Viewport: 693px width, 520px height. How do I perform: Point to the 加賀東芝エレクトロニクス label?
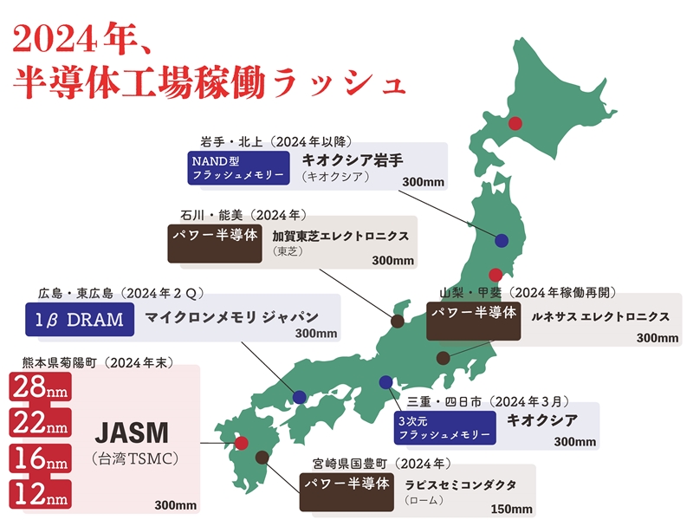(x=340, y=236)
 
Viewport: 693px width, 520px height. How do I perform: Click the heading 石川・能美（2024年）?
(x=243, y=214)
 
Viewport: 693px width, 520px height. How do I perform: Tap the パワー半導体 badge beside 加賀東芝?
(x=214, y=235)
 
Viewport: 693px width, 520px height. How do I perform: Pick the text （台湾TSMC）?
(x=134, y=458)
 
